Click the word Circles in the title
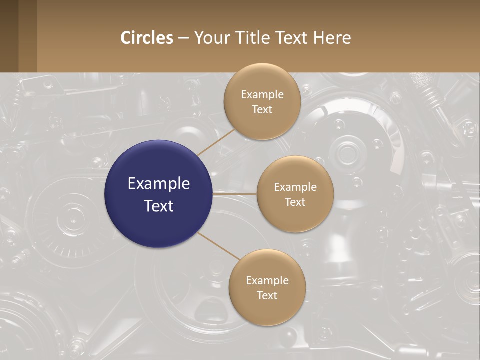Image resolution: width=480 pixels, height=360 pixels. [x=147, y=38]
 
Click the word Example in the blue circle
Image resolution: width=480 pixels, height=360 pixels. [x=159, y=184]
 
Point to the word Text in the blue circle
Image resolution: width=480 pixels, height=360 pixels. [x=159, y=206]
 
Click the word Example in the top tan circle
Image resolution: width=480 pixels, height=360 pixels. [x=262, y=95]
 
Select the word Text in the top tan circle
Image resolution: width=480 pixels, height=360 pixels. [x=262, y=110]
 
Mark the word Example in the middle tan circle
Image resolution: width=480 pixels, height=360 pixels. [x=295, y=187]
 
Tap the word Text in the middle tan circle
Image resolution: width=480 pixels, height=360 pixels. [x=295, y=202]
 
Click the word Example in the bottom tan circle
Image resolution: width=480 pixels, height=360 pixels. [x=267, y=281]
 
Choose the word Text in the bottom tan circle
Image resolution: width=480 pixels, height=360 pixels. [x=267, y=296]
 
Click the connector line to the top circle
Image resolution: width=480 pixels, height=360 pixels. [x=216, y=142]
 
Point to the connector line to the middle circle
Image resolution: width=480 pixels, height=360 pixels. [x=235, y=194]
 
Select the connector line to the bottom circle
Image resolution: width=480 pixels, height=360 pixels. [x=219, y=246]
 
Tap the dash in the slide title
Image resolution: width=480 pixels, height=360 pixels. [x=183, y=38]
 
